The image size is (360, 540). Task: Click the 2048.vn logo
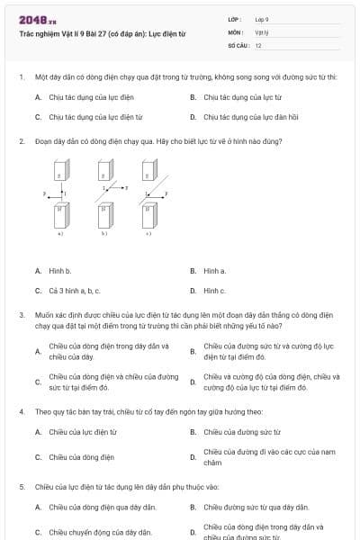coord(38,19)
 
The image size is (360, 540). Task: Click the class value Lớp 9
coord(262,18)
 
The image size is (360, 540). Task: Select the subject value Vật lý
coord(261,31)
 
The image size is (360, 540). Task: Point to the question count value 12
coord(258,44)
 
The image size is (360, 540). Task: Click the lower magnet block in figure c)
coord(148,215)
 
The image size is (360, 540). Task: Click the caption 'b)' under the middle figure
coord(103,234)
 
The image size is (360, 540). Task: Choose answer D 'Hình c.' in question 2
coord(214,291)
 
